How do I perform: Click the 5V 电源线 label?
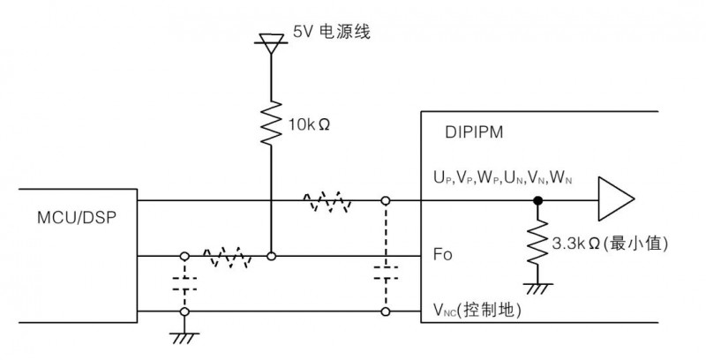pyautogui.click(x=330, y=33)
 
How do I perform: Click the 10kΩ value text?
pyautogui.click(x=310, y=123)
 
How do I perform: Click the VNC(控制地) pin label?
pyautogui.click(x=481, y=309)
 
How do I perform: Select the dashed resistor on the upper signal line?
pyautogui.click(x=328, y=202)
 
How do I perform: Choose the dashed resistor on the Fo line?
pyautogui.click(x=227, y=257)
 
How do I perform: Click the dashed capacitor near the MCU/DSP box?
pyautogui.click(x=184, y=284)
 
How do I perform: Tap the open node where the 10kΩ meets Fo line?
pyautogui.click(x=272, y=257)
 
